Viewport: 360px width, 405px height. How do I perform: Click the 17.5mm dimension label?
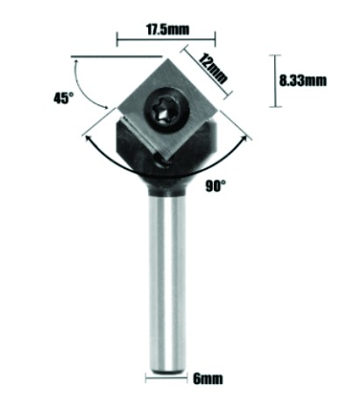(167, 29)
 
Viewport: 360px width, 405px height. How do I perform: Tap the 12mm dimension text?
(213, 68)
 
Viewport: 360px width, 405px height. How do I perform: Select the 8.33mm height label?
(303, 81)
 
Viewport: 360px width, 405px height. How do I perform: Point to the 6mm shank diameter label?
(208, 379)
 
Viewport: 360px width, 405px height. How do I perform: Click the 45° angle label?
(61, 98)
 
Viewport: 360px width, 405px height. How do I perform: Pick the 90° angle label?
(215, 186)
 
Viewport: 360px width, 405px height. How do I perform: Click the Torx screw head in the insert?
(167, 110)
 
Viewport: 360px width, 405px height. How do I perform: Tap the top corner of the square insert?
(167, 59)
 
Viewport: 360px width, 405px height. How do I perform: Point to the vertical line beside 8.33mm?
(275, 81)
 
